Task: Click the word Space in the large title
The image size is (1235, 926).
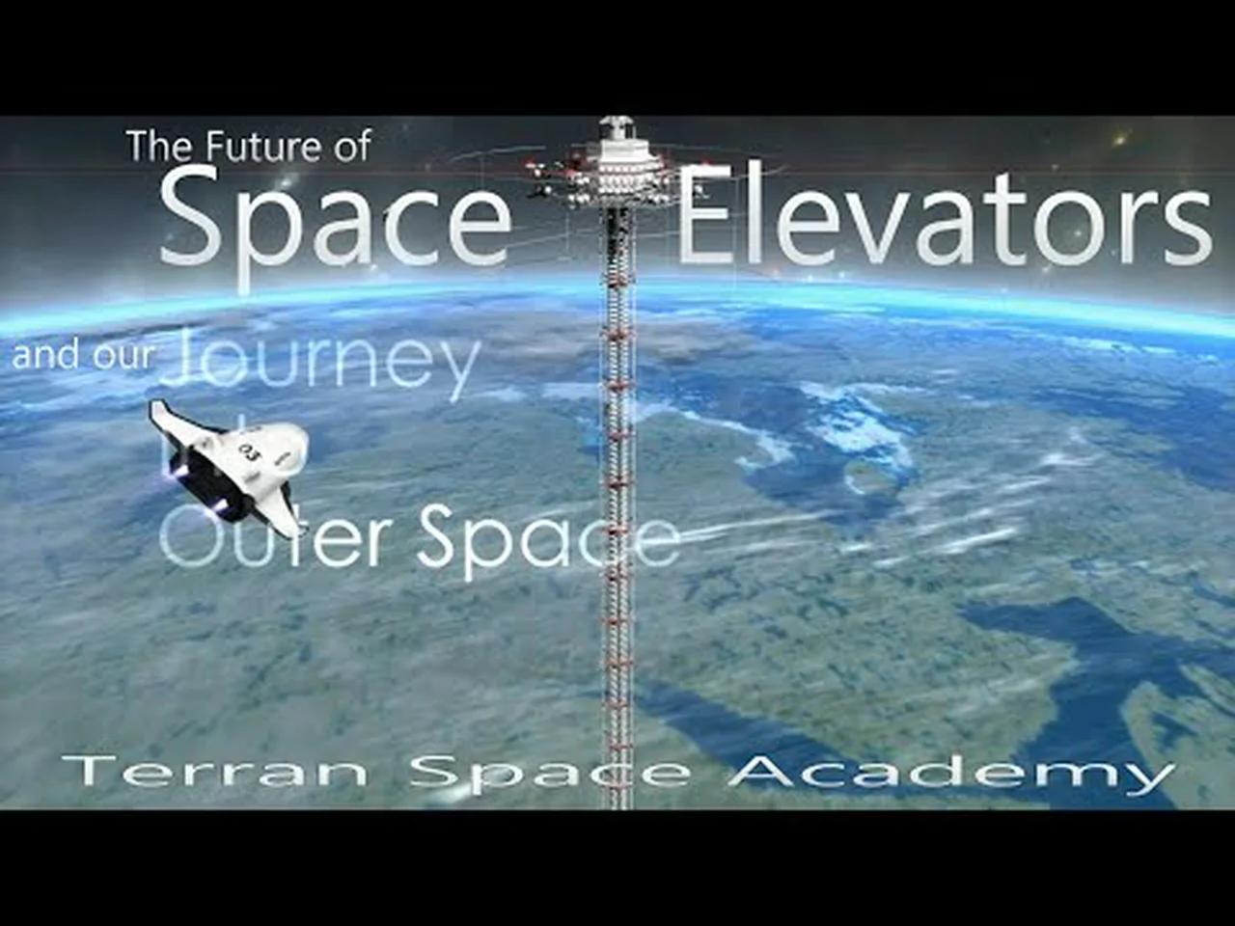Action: (335, 220)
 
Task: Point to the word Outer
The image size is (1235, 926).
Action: (280, 540)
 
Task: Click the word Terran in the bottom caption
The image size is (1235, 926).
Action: (214, 772)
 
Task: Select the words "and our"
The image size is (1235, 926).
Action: (82, 355)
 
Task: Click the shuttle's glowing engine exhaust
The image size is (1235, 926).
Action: (178, 471)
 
